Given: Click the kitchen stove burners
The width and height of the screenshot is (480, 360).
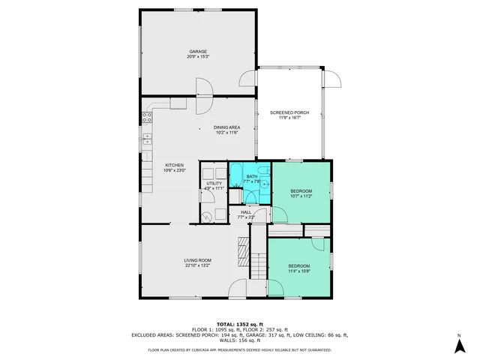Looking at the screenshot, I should [x=145, y=117].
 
